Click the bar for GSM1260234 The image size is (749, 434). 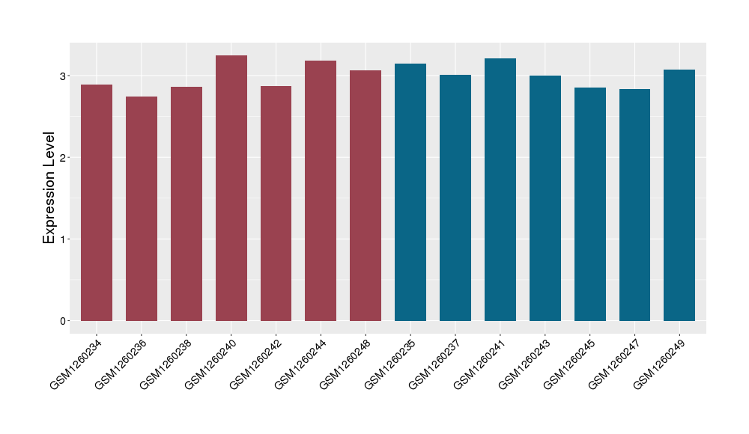tap(97, 203)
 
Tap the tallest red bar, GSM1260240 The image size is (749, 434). tap(231, 188)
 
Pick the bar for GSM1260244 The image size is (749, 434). tap(321, 191)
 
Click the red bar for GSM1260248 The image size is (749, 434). tap(366, 195)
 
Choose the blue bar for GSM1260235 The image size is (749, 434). tap(410, 192)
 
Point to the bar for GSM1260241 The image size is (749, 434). tap(500, 189)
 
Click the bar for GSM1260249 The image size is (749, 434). tap(679, 195)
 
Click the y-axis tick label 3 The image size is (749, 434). tap(64, 76)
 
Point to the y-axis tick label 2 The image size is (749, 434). tap(64, 157)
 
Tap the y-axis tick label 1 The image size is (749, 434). tap(64, 239)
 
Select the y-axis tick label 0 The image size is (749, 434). tap(64, 320)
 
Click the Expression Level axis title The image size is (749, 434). tap(49, 188)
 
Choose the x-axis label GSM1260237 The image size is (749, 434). tap(435, 364)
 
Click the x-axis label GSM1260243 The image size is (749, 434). tap(525, 364)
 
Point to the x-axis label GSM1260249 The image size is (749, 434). tap(660, 364)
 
